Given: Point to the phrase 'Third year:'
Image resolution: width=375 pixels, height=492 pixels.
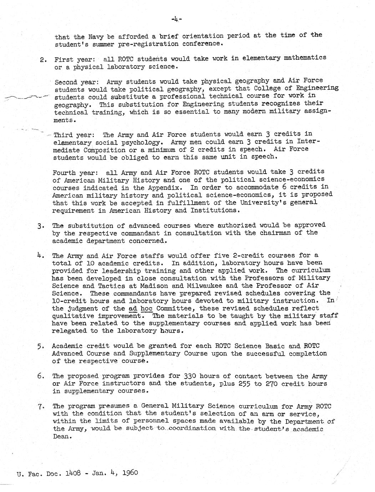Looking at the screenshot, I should (x=74, y=135).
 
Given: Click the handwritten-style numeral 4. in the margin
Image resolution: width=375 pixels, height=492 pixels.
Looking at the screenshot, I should (x=40, y=255).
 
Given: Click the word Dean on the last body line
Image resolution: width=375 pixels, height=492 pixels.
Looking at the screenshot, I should (x=61, y=436).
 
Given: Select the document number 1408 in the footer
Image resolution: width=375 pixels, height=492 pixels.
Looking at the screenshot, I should (x=73, y=473).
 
